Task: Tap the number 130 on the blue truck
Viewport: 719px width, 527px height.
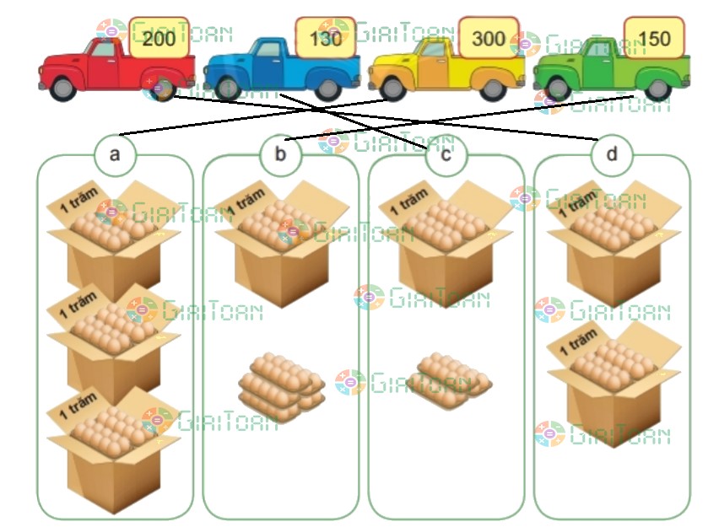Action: tap(326, 38)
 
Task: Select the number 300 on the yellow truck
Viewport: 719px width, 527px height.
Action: tap(489, 38)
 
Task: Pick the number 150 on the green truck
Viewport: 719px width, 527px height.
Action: tap(654, 38)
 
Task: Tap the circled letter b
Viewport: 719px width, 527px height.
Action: tap(281, 154)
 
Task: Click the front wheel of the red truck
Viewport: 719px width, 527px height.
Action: tap(62, 88)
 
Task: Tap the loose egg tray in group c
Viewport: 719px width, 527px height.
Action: tap(448, 375)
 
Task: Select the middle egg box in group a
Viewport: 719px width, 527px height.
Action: tap(113, 346)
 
